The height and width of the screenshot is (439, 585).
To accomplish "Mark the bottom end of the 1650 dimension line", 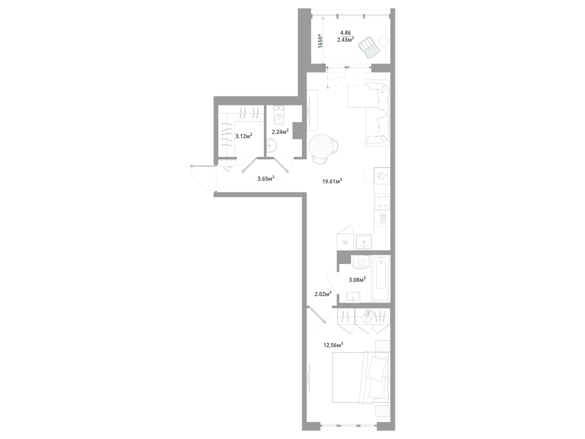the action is (323, 64).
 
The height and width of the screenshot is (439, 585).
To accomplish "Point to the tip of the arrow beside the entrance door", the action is (190, 166).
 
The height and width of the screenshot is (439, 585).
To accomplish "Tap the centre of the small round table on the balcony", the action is (383, 40).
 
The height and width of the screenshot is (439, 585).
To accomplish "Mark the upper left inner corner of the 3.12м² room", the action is (218, 105).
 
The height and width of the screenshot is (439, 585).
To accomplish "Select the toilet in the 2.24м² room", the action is (278, 115).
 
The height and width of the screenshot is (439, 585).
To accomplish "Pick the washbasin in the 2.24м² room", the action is (272, 146).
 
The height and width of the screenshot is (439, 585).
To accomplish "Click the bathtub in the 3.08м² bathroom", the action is (381, 278).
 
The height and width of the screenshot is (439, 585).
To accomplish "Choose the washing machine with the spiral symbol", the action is (361, 262).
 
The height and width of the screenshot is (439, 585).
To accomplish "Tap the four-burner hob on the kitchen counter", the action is (382, 201).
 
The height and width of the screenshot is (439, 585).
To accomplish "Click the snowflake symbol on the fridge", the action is (345, 242).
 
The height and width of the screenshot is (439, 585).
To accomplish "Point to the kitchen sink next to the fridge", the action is (364, 242).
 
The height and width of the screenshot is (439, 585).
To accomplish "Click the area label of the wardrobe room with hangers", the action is (243, 136).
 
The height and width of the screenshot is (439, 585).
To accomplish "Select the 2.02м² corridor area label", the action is (323, 294).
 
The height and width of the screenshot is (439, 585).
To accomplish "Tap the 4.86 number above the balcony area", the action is (346, 33).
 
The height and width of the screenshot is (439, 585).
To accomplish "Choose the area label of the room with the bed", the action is (333, 345).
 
